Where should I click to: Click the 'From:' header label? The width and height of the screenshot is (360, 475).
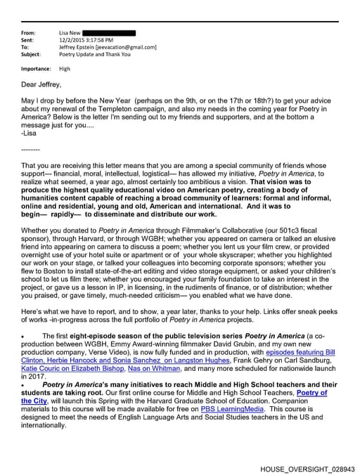coord(29,33)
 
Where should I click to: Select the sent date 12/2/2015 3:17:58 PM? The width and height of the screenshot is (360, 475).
coord(87,40)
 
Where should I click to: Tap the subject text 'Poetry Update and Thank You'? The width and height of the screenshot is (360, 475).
coord(96,54)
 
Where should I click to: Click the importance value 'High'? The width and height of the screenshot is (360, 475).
coord(65,69)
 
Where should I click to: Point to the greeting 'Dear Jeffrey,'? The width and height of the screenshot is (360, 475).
coord(43,84)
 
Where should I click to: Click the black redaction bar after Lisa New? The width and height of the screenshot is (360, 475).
coord(109,33)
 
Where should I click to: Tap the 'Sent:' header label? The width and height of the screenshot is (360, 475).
coord(28,40)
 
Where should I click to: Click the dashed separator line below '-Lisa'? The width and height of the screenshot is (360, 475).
coord(30,149)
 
